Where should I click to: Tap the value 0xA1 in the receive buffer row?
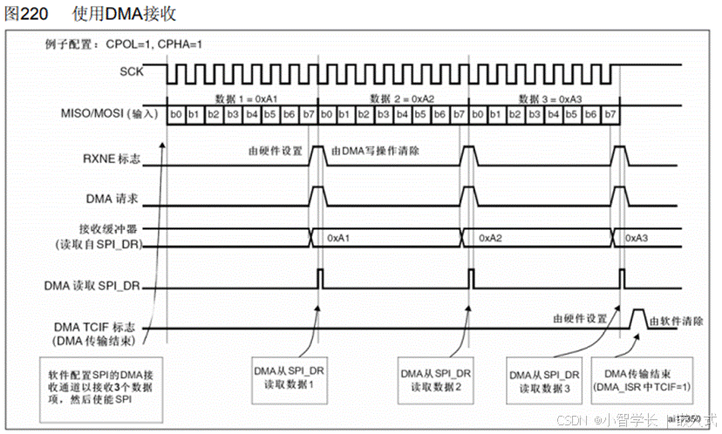[340, 237]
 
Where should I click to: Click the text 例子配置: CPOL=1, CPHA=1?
[126, 44]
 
